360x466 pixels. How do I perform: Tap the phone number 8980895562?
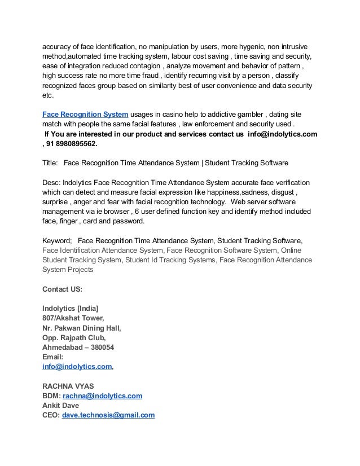click(73, 144)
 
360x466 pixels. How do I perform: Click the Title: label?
click(50, 163)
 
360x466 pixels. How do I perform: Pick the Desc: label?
click(51, 183)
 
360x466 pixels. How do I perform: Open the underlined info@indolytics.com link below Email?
click(77, 367)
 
